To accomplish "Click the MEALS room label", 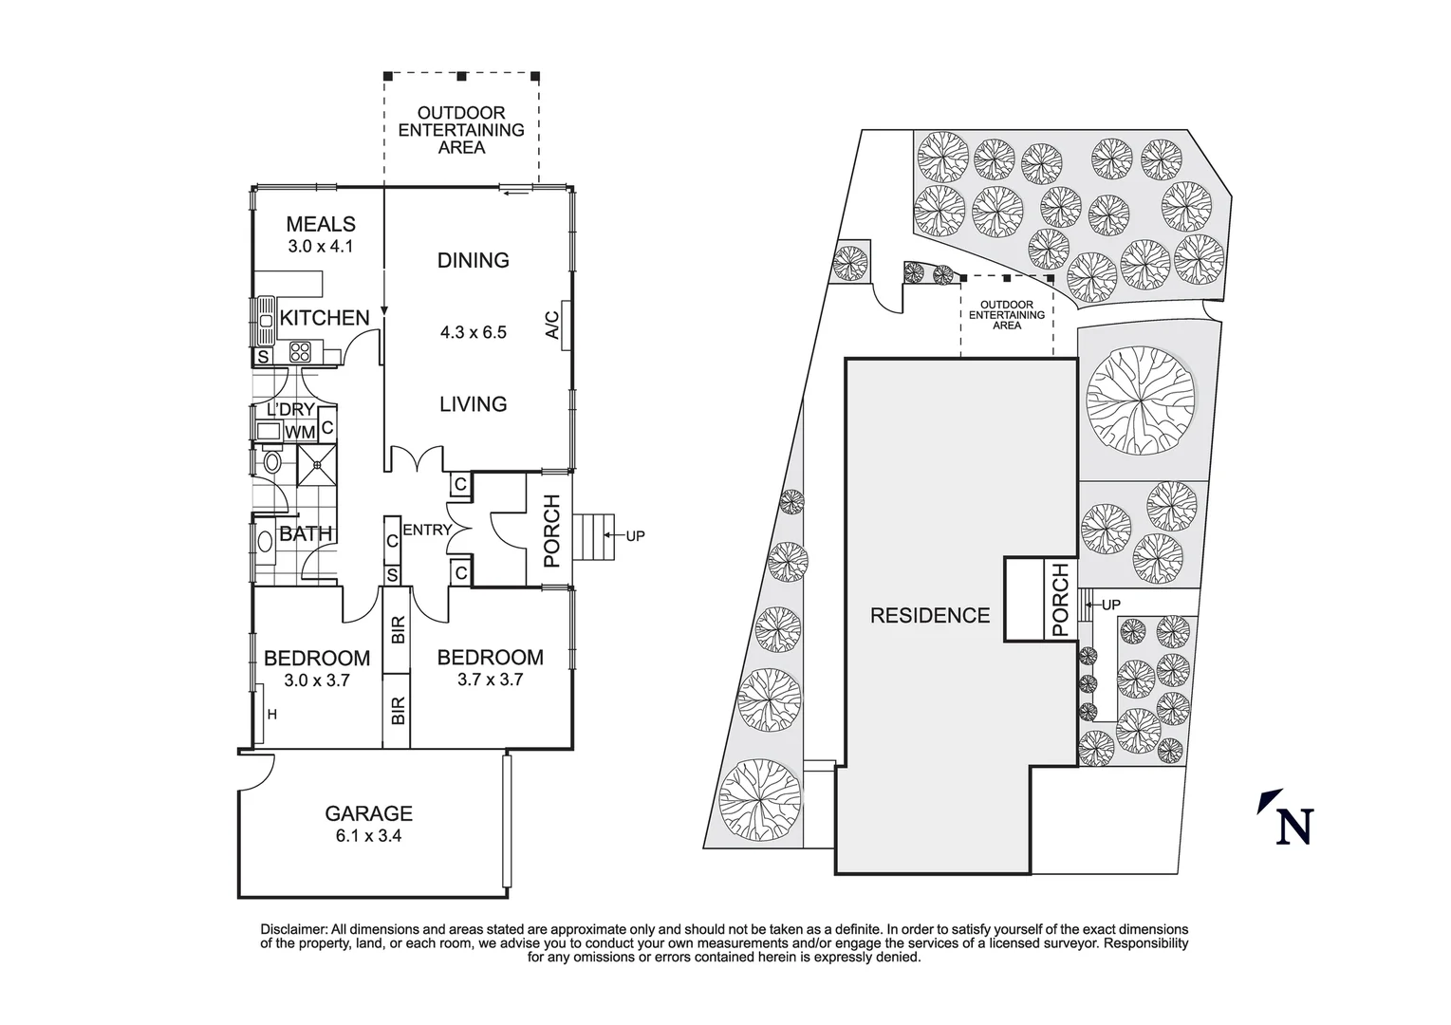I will [321, 225].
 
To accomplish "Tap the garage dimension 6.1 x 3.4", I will [368, 837].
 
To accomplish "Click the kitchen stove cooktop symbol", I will [301, 352].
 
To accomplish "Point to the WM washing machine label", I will [300, 433].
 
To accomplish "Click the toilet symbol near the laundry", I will [272, 463].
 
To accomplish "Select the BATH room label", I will [306, 534].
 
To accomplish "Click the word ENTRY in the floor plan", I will [426, 530].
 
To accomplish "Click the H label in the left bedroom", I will [271, 715].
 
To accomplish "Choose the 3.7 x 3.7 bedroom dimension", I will [490, 680].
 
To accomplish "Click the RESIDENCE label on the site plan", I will [930, 616].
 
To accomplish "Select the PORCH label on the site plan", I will [1060, 600].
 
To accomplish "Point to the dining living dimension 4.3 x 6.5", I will [473, 332].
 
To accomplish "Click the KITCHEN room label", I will [324, 318].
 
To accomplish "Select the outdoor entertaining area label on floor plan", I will [461, 130].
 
